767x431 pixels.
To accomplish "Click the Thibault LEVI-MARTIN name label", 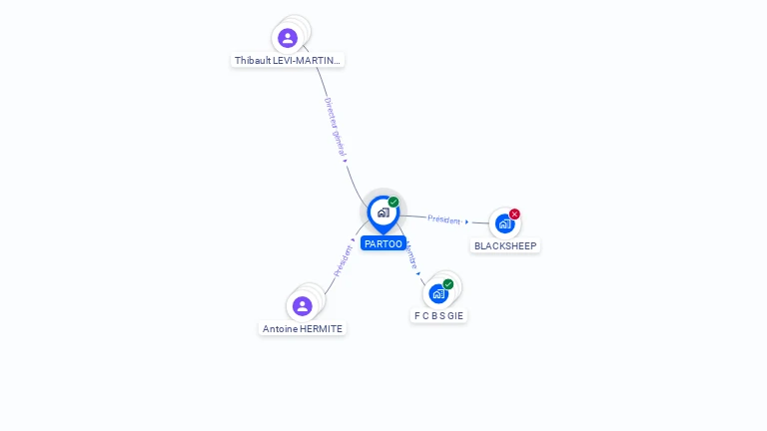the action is click(288, 61).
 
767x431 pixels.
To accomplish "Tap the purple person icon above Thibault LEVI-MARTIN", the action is click(288, 38).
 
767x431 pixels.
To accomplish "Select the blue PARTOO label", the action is click(383, 243).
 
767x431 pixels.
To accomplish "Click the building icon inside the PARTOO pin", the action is click(383, 212).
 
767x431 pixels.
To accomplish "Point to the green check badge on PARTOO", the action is click(393, 203).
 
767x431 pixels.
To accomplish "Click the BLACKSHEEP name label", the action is click(505, 246).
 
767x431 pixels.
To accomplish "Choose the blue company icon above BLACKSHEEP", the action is click(504, 223).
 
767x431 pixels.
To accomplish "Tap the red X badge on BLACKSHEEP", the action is click(514, 214).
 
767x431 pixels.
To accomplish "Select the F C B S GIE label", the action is click(439, 316).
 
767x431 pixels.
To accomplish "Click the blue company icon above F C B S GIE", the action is click(437, 293).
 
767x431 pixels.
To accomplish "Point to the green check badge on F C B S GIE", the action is click(448, 284).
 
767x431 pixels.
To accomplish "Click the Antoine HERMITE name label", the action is click(302, 329).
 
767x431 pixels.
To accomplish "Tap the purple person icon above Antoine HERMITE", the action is click(302, 305).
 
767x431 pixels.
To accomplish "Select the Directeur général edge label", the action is click(335, 126).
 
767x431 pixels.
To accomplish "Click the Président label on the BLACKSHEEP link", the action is click(444, 219).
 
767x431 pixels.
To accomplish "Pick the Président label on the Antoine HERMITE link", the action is click(343, 260).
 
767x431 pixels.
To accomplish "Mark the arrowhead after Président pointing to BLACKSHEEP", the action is click(466, 221).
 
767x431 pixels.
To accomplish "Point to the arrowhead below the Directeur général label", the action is click(345, 160).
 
